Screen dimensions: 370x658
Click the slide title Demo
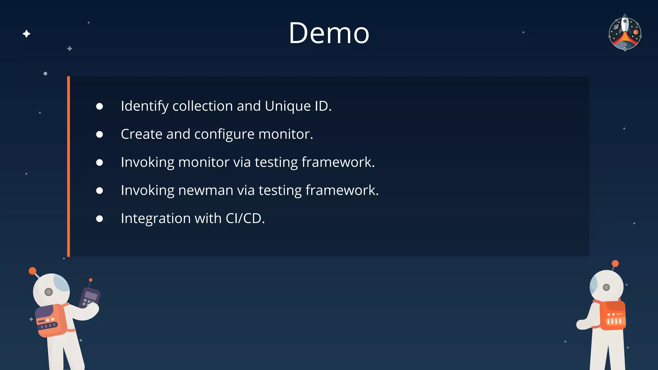point(329,33)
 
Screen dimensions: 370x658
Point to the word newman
point(206,190)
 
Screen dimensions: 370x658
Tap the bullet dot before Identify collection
point(100,106)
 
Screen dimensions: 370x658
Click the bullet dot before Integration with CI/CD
point(100,219)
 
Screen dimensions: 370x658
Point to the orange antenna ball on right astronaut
point(615,264)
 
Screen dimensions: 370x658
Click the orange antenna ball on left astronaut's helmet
point(32,271)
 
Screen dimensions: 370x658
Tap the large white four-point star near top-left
point(27,34)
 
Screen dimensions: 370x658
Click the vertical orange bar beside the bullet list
point(68,166)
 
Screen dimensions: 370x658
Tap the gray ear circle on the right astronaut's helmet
point(606,287)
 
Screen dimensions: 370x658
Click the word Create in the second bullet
point(141,134)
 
